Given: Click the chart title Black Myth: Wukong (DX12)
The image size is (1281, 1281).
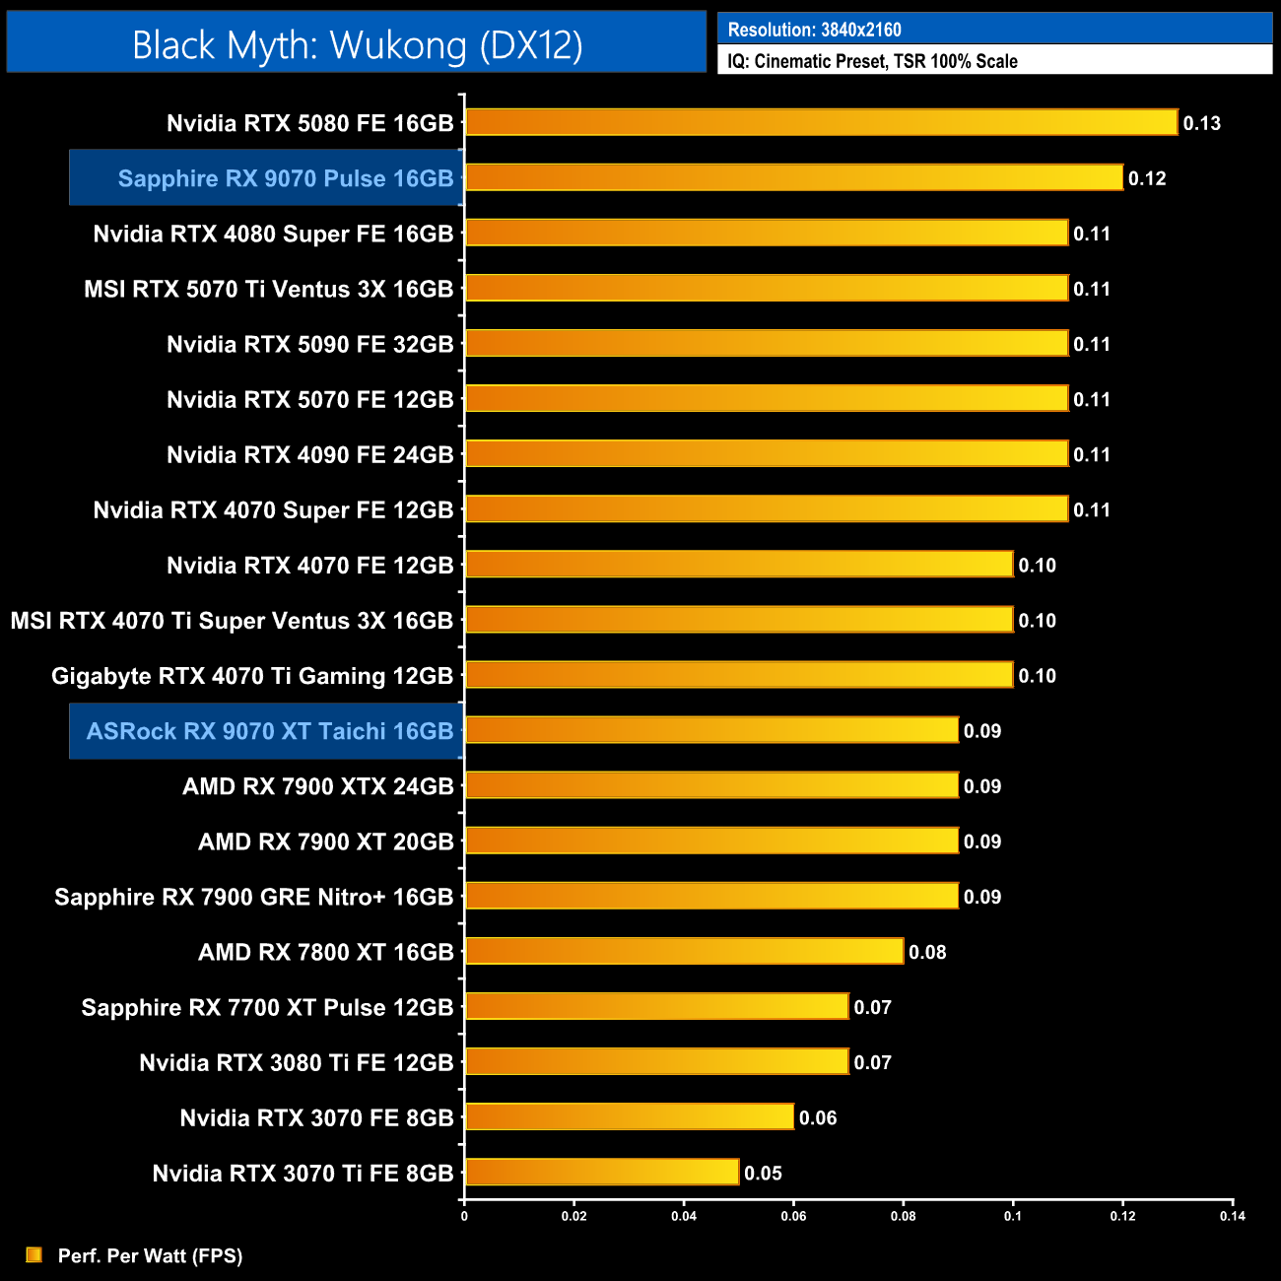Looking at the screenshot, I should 357,45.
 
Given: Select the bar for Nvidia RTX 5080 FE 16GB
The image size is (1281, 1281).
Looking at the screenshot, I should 821,122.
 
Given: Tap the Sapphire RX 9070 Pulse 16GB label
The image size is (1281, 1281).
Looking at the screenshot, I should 286,178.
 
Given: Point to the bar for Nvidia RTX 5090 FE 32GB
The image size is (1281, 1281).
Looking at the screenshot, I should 767,343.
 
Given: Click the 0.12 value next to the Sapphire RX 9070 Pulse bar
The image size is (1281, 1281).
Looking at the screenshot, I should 1147,178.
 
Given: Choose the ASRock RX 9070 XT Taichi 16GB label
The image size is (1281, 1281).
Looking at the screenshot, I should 270,731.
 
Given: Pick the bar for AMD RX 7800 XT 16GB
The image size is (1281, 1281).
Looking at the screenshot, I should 684,951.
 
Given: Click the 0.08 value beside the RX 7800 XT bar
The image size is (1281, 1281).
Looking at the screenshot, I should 927,952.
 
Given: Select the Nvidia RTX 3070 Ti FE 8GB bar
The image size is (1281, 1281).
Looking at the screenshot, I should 602,1172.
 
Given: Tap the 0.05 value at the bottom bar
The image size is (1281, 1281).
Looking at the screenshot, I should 763,1173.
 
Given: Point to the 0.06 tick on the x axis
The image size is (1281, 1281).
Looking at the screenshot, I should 793,1216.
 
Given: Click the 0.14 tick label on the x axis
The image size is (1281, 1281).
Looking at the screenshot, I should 1232,1216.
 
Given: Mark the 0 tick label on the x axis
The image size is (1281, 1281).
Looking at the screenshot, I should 464,1216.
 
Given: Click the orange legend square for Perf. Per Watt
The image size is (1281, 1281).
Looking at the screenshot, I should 34,1254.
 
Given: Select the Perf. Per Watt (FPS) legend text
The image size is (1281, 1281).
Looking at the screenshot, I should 150,1255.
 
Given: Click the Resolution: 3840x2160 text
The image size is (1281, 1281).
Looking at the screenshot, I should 814,30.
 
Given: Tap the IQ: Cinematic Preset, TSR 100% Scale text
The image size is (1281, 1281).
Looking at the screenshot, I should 872,61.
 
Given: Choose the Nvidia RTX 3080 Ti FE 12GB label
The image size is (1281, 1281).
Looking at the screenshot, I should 297,1062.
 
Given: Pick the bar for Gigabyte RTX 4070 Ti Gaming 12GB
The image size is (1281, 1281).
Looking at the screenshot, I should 739,675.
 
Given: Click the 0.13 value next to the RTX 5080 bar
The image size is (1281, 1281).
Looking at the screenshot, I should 1201,123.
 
